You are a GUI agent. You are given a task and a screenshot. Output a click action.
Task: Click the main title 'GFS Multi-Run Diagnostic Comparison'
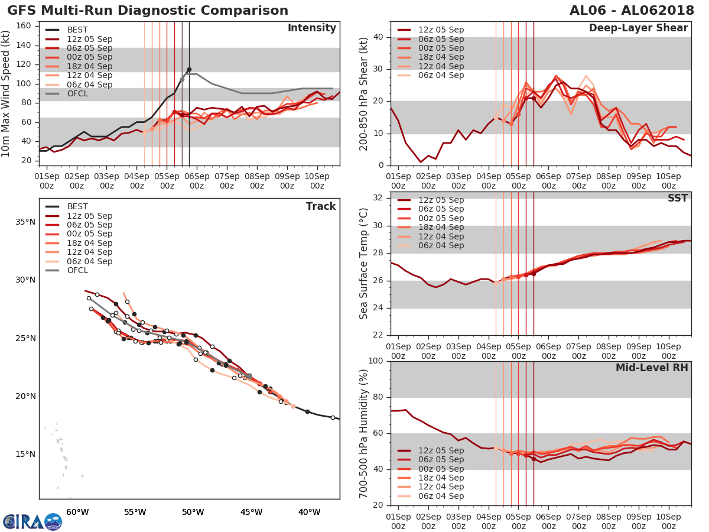click(x=148, y=11)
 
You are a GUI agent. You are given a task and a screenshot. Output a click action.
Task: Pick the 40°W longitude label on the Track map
click(x=309, y=512)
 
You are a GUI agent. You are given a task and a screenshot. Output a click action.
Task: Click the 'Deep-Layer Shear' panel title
click(x=638, y=28)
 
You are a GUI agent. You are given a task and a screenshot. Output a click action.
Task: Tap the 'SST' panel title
click(x=677, y=199)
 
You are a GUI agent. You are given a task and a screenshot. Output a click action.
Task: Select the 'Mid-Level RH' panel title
click(x=651, y=368)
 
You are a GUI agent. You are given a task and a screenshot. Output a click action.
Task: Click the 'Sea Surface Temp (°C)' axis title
click(x=364, y=263)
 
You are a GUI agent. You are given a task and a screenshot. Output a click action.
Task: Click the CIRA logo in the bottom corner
click(x=32, y=521)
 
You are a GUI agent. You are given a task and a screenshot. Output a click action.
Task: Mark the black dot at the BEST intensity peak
click(x=189, y=70)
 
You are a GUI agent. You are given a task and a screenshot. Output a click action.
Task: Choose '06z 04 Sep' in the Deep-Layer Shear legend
click(x=440, y=76)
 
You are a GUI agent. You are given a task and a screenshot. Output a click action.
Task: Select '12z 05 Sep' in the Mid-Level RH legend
click(x=440, y=450)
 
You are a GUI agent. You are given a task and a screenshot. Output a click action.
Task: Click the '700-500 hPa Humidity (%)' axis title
click(x=364, y=433)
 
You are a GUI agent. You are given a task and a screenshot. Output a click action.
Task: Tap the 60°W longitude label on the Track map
click(x=77, y=512)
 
